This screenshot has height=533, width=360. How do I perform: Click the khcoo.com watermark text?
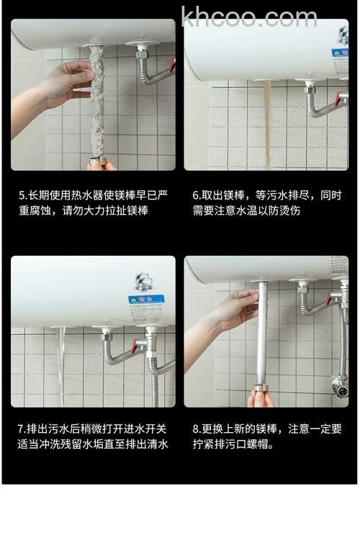pos(248,17)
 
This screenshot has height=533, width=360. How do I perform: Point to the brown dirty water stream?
pos(267,122)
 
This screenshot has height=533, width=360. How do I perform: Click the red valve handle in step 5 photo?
pos(171,66)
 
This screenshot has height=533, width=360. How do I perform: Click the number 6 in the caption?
pos(195,195)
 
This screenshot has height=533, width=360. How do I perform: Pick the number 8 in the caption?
pos(195,429)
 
